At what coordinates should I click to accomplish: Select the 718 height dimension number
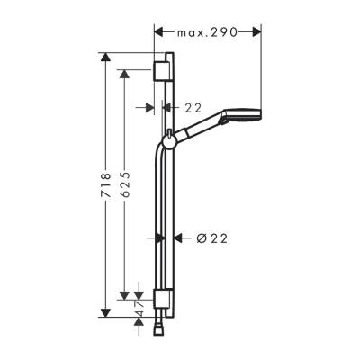click(105, 186)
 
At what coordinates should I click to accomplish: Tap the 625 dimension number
click(126, 186)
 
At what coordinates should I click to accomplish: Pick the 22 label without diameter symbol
click(193, 107)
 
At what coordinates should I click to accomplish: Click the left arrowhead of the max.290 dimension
click(160, 31)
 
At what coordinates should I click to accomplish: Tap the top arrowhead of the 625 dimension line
click(126, 70)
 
